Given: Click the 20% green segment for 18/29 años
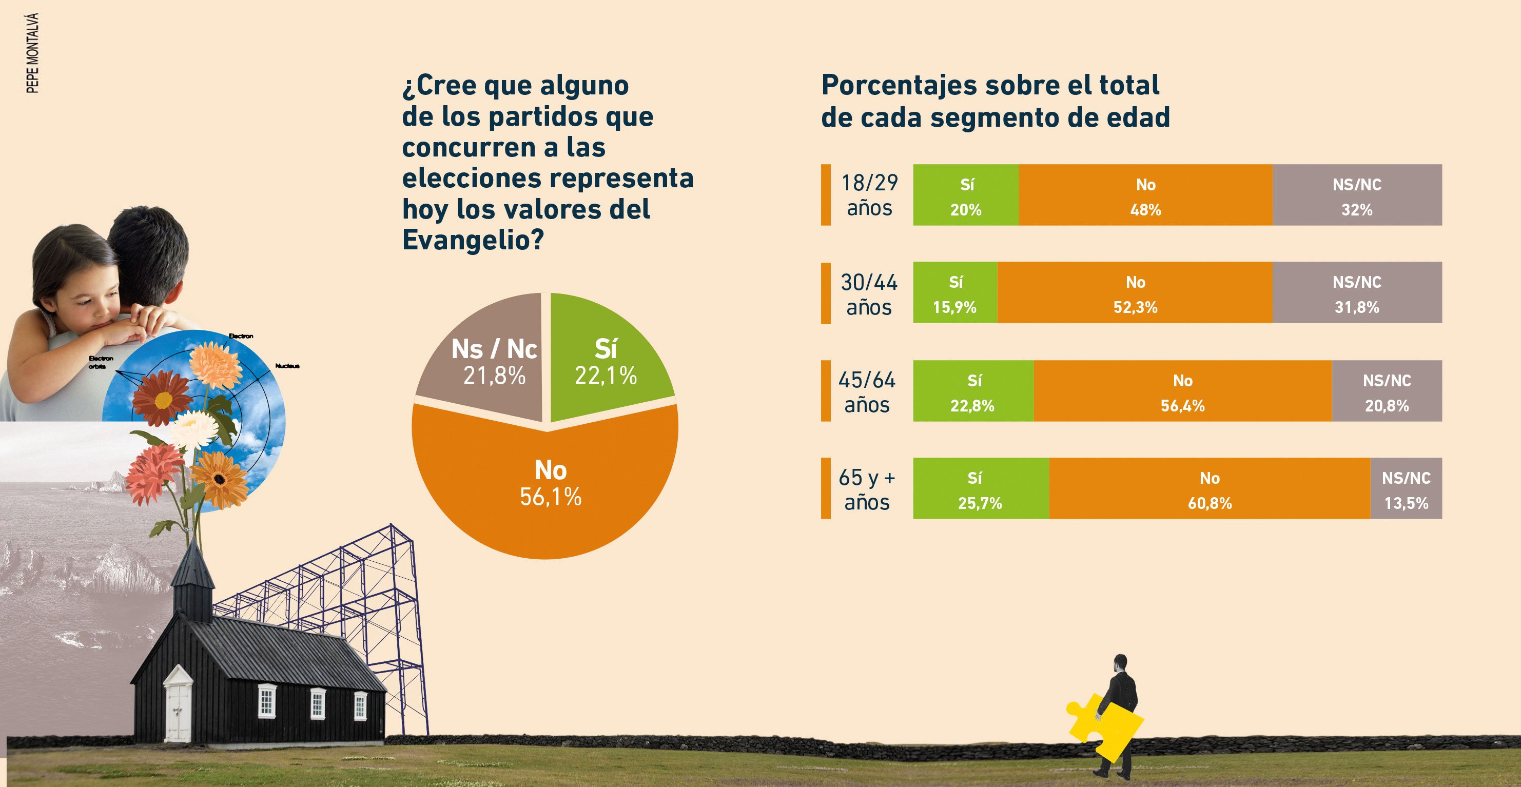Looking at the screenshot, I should tap(965, 195).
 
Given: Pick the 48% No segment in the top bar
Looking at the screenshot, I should tap(1145, 195).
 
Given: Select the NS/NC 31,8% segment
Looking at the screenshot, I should tap(1356, 293).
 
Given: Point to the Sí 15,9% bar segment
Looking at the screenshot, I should tap(955, 293).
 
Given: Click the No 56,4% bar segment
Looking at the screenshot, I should tap(1182, 391).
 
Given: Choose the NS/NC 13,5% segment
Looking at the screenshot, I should tap(1406, 489).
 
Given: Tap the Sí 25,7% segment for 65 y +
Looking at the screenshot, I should tap(980, 489).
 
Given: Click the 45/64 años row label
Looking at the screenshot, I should tap(867, 391).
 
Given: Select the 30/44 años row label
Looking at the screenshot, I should tap(869, 293).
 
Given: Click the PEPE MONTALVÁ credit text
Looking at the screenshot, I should tap(33, 53).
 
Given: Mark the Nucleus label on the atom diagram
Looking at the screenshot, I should tap(287, 366).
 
